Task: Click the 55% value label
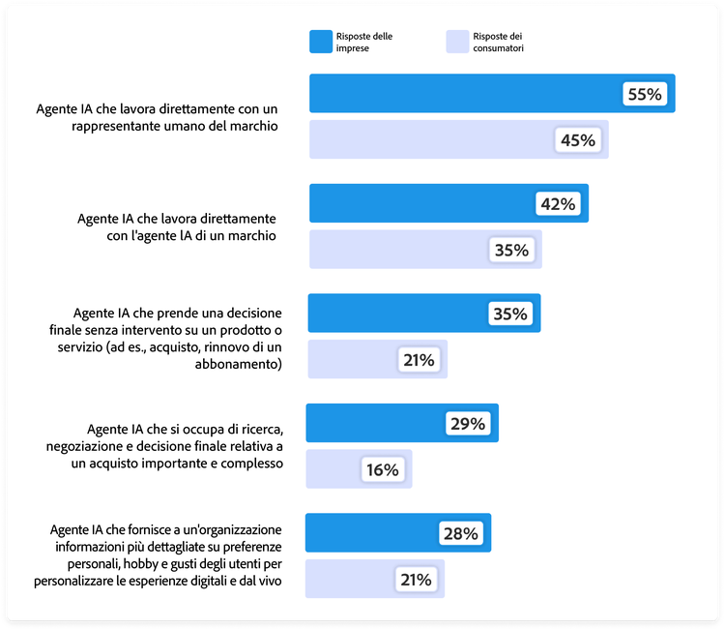pyautogui.click(x=644, y=94)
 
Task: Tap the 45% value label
pyautogui.click(x=577, y=140)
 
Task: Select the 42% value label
pyautogui.click(x=558, y=203)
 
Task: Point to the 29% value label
pyautogui.click(x=467, y=424)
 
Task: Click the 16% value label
pyautogui.click(x=382, y=469)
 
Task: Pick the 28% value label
pyautogui.click(x=460, y=533)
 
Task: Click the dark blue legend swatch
pyautogui.click(x=320, y=41)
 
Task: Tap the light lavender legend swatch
pyautogui.click(x=456, y=41)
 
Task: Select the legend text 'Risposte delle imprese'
pyautogui.click(x=364, y=41)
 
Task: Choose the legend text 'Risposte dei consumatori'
pyautogui.click(x=499, y=41)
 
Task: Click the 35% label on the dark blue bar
pyautogui.click(x=509, y=314)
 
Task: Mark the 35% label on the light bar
pyautogui.click(x=511, y=250)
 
